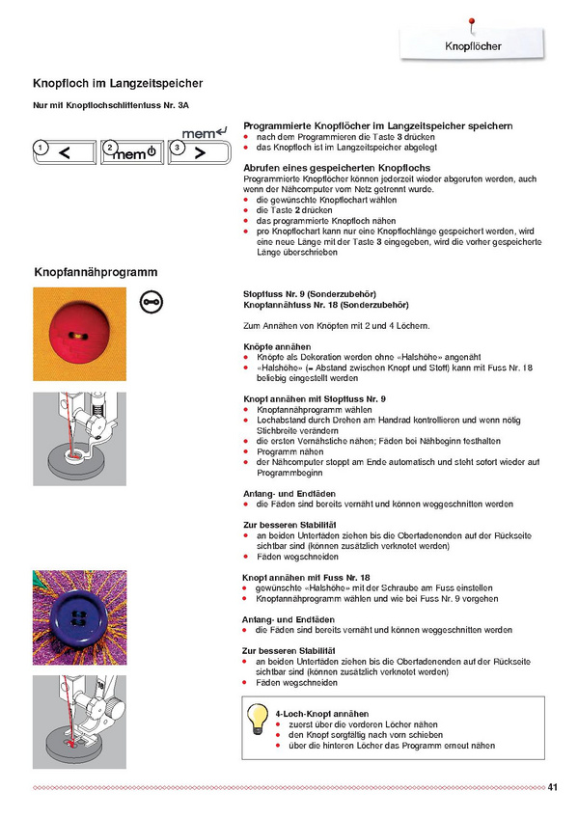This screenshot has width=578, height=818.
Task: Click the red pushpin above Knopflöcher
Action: coord(472,24)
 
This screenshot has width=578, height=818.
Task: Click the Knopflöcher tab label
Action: coord(473,46)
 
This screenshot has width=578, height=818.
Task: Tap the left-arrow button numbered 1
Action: coord(65,152)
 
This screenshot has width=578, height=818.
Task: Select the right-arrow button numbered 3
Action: coord(200,152)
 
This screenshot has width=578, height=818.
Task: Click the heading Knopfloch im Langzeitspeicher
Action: coord(118,84)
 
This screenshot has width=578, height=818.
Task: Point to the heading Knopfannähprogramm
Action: coord(96,272)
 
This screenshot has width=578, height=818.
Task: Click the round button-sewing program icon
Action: coord(151,302)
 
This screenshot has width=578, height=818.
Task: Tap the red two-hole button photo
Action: coord(80,334)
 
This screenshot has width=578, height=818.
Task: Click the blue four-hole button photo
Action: coord(80,617)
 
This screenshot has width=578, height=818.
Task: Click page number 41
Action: coord(553,787)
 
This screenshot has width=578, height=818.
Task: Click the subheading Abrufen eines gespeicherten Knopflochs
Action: coord(337,168)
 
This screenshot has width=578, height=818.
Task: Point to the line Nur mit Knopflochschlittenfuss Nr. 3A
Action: coord(111,105)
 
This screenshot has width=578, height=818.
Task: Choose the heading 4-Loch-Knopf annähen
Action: coord(322,714)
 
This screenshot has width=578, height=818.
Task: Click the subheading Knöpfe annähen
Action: coord(277,347)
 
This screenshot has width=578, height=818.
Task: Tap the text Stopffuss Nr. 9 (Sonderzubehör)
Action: coord(310,294)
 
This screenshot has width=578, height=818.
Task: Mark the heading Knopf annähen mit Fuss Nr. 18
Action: coord(306,578)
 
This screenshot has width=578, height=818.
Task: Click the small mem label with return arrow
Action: coord(205,133)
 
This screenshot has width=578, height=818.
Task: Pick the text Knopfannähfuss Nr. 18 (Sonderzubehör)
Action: coord(326,305)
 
